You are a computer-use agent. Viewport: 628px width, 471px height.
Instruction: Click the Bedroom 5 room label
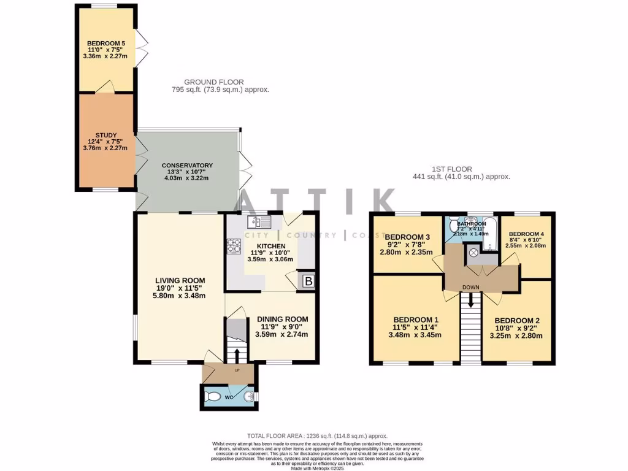tap(105, 43)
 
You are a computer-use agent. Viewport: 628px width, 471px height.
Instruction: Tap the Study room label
tap(105, 136)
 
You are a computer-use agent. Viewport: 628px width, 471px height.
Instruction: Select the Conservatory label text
tap(187, 166)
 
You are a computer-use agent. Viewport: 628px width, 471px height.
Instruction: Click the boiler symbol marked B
tap(308, 281)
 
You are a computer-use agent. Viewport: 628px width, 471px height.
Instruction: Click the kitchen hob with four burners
tap(235, 246)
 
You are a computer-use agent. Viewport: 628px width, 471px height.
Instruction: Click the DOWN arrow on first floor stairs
tap(471, 301)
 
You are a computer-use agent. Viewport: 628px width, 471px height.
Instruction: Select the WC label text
tap(228, 397)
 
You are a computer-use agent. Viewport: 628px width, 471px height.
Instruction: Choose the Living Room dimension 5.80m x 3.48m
tap(180, 296)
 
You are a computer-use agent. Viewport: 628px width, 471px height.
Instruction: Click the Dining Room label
tap(282, 319)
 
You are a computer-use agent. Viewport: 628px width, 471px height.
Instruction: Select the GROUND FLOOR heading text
tap(213, 82)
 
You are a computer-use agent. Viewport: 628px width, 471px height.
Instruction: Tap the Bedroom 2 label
tap(518, 320)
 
